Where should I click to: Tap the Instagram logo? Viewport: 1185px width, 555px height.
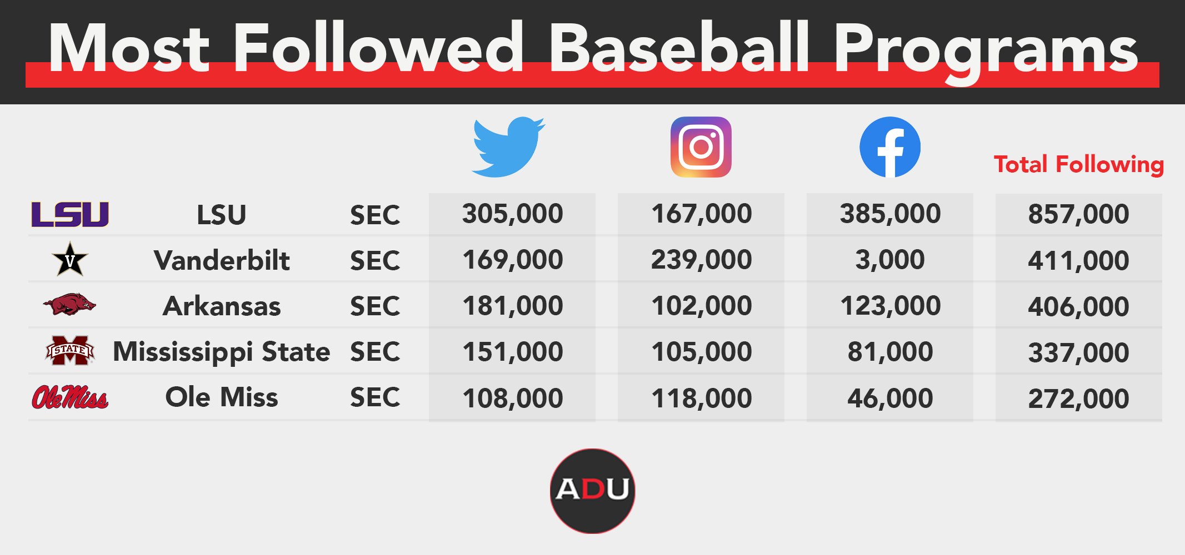[x=701, y=147]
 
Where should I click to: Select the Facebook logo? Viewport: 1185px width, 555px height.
[x=890, y=147]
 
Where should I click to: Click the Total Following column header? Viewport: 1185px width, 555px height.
[x=1078, y=165]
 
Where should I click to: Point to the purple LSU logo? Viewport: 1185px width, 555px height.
[x=70, y=215]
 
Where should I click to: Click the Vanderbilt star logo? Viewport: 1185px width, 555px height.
[x=70, y=260]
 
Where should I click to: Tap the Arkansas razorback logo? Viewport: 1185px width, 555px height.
[x=69, y=304]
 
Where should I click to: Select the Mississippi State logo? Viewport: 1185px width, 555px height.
[x=70, y=350]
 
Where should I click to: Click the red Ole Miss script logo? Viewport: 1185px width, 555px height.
[x=70, y=397]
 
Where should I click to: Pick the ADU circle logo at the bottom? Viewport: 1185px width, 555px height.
[x=592, y=491]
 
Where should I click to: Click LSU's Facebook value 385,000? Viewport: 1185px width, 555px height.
[x=890, y=214]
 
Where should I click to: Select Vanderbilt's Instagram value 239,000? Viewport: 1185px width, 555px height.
[x=701, y=260]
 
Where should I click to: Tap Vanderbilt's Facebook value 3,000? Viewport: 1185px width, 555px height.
[x=890, y=260]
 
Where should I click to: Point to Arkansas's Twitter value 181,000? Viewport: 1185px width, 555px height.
[x=513, y=306]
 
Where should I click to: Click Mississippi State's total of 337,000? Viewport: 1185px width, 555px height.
[x=1078, y=353]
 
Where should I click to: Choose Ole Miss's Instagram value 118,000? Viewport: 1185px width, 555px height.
[x=701, y=398]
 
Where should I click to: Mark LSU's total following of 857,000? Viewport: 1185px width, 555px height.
[x=1078, y=214]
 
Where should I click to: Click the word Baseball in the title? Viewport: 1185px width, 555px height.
[x=679, y=48]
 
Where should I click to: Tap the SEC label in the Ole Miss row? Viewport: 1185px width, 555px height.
[x=375, y=397]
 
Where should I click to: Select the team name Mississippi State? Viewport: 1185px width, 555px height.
[x=222, y=352]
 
